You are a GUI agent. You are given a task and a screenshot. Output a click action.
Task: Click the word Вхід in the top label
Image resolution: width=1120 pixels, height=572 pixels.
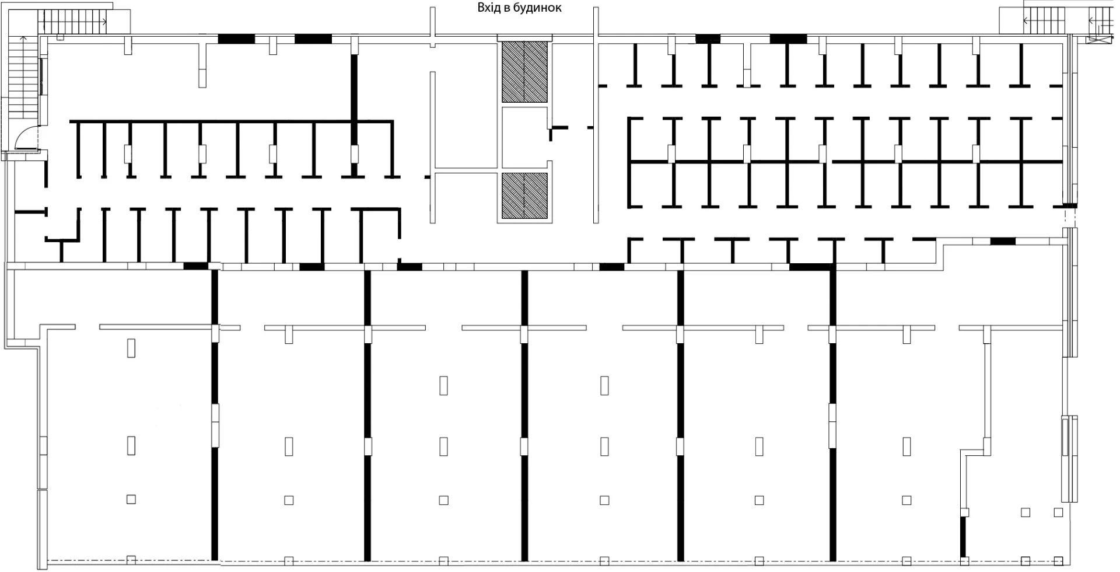point(488,8)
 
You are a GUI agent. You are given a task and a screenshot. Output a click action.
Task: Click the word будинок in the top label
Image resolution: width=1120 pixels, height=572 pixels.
point(538,8)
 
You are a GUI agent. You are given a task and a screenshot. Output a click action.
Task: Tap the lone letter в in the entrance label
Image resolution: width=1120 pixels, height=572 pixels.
point(506,9)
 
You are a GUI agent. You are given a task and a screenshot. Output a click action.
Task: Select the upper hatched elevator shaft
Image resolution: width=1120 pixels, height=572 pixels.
point(524,72)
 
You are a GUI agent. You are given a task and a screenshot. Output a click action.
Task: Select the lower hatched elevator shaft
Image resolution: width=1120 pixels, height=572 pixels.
point(524,196)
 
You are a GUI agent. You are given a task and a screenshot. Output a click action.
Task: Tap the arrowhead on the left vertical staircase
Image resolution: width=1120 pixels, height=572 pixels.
point(24,39)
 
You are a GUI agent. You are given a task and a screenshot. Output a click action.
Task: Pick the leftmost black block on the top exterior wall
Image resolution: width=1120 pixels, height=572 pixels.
point(236,39)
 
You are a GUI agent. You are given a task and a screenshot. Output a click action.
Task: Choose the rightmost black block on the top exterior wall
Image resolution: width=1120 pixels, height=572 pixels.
point(788,39)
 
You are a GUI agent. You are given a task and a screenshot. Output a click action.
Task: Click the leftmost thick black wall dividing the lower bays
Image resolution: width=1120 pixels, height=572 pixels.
point(214,414)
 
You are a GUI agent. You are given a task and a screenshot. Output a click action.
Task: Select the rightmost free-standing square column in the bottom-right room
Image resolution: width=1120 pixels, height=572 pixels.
point(1058,512)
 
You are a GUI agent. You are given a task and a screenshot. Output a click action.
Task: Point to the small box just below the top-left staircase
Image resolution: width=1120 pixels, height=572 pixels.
point(60,37)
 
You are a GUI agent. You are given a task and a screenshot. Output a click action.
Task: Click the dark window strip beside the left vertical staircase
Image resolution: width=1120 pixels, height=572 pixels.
point(41,76)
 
